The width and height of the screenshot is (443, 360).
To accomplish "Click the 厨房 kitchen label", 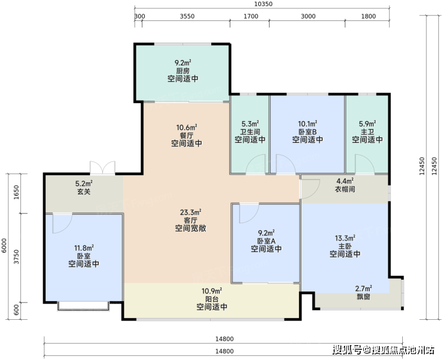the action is click(x=183, y=71).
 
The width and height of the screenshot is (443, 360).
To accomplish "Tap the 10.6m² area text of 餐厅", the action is click(x=187, y=128).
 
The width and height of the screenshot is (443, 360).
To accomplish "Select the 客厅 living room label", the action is click(x=190, y=220).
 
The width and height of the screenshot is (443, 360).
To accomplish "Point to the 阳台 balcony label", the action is click(x=212, y=299).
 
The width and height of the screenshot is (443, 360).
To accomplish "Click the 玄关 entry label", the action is click(x=84, y=192).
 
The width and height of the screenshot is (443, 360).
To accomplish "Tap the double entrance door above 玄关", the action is click(x=103, y=167).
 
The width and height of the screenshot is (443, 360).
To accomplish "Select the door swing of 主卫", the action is click(x=365, y=164).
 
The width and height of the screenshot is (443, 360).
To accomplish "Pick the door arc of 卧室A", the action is click(x=249, y=213).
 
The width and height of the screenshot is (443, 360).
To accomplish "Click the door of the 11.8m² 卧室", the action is click(x=62, y=224).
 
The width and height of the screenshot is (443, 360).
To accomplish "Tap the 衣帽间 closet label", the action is click(x=345, y=189).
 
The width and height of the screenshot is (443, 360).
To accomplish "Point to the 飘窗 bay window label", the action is click(x=363, y=297).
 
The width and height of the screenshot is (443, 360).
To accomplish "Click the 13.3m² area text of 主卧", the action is click(x=345, y=238).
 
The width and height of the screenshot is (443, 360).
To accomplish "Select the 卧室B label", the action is click(x=308, y=132).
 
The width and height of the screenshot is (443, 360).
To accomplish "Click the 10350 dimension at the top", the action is click(x=264, y=4).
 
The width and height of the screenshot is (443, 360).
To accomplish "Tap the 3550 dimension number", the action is click(x=187, y=16).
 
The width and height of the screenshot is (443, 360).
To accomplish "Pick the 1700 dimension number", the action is click(x=251, y=16).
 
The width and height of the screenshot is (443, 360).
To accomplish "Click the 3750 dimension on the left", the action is click(x=17, y=257).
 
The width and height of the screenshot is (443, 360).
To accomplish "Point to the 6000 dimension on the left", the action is click(x=4, y=245).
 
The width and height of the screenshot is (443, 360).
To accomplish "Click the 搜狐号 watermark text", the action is click(x=347, y=350).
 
